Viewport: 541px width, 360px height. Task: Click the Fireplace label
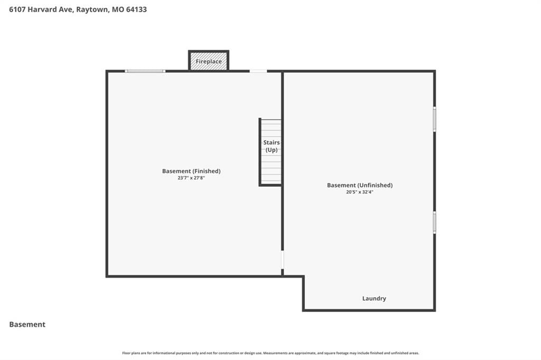[209, 61]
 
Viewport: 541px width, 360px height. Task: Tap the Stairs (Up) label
[272, 146]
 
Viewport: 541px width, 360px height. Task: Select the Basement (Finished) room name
[191, 171]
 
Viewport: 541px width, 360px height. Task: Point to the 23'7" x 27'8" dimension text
[191, 178]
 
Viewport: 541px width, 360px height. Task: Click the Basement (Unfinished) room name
[360, 185]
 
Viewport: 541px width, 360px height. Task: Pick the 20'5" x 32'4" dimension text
[360, 192]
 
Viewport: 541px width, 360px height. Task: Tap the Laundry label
[374, 299]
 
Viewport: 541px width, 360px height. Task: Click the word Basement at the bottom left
[27, 325]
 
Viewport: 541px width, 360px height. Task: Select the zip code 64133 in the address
[136, 10]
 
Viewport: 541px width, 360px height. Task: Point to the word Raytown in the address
[92, 10]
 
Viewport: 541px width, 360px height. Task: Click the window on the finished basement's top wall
[145, 71]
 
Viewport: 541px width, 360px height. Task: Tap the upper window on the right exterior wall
[434, 119]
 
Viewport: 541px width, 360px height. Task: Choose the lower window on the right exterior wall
[434, 222]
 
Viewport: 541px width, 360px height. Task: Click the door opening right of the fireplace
[258, 71]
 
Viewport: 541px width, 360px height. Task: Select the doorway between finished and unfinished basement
[282, 260]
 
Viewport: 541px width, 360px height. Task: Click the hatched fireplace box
[209, 61]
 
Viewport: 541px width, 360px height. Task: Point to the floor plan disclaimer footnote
[270, 353]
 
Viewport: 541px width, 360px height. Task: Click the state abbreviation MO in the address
[118, 10]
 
